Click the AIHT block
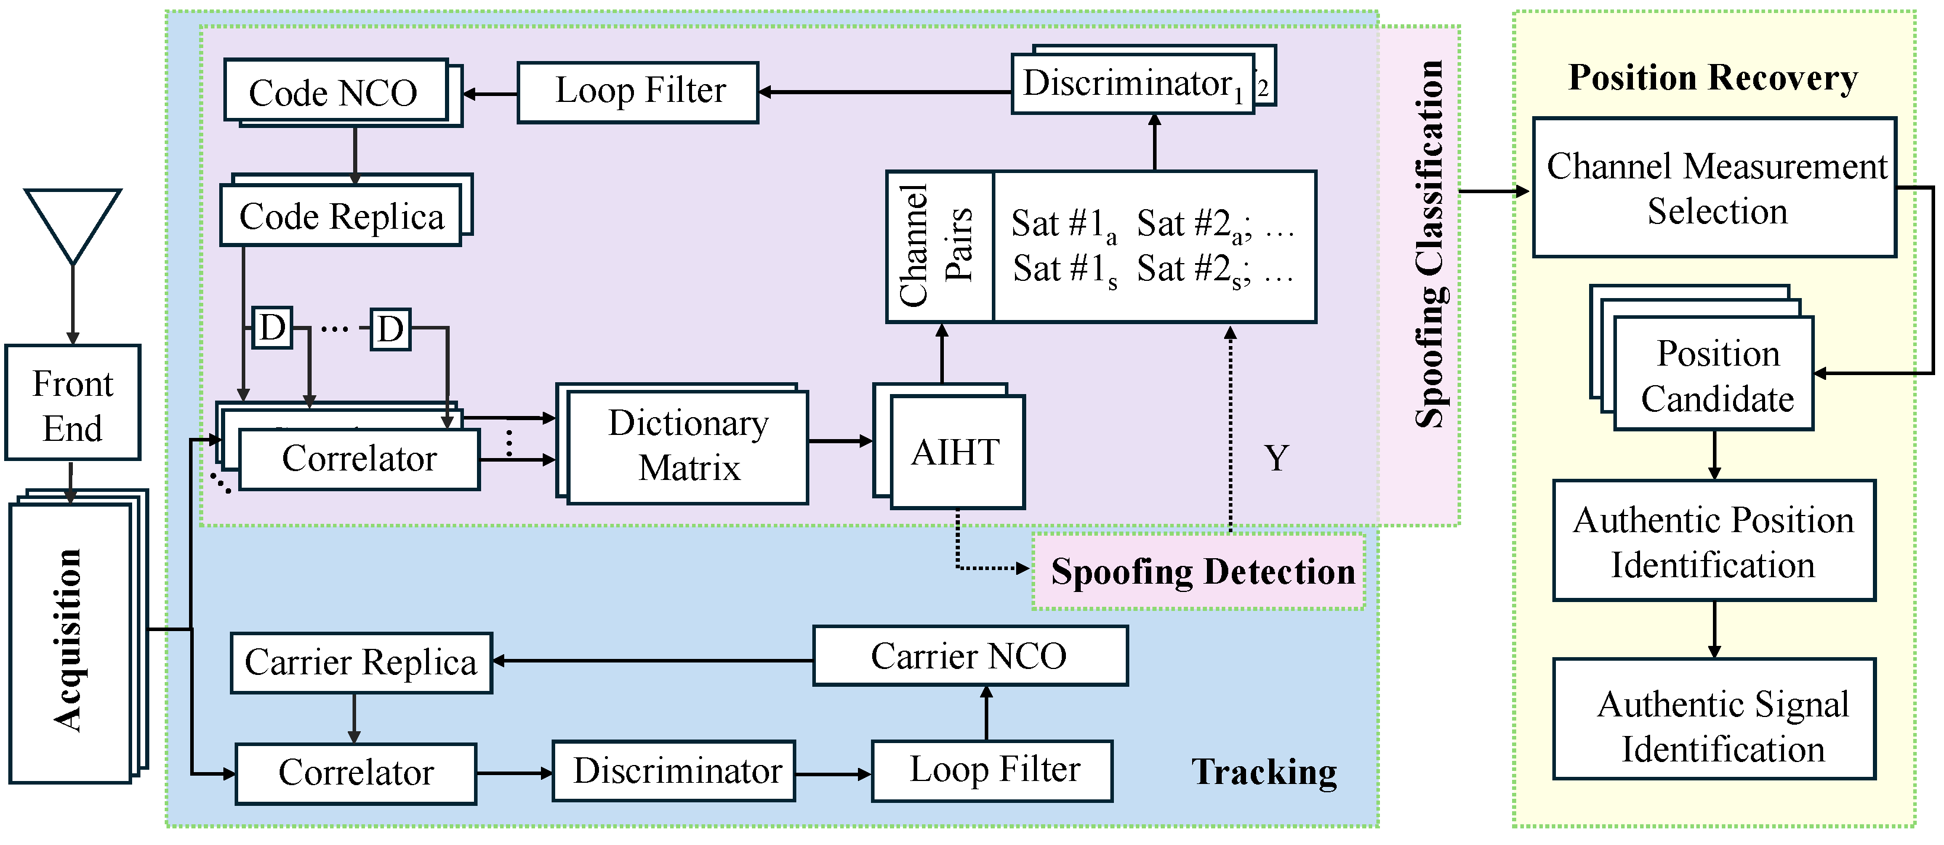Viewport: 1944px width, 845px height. [956, 452]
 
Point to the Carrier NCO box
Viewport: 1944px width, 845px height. [970, 655]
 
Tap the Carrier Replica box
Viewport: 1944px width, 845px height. [361, 662]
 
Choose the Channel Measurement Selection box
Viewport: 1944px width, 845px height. [1714, 188]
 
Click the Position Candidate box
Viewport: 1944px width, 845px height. [1714, 375]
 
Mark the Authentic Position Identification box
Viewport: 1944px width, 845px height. [1714, 541]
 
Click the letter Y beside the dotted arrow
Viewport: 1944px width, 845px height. [1276, 458]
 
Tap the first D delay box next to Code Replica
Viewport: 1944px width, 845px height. [272, 328]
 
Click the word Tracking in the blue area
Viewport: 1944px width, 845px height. [1264, 771]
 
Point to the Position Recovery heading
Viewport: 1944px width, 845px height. [1712, 77]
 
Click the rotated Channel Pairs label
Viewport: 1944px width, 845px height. [937, 247]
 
